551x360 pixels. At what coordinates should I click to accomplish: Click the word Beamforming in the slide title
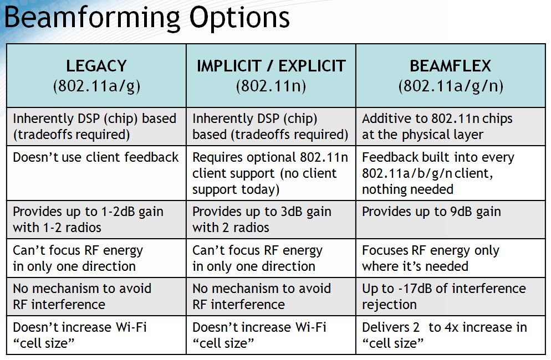pyautogui.click(x=91, y=18)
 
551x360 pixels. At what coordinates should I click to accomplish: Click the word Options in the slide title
pyautogui.click(x=239, y=18)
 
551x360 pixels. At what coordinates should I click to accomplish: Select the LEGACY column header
pyautogui.click(x=96, y=66)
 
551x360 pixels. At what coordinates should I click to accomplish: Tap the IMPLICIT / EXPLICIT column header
pyautogui.click(x=271, y=66)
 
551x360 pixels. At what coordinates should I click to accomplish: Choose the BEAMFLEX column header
pyautogui.click(x=450, y=66)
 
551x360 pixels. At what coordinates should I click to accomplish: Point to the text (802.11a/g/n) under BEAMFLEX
pyautogui.click(x=450, y=86)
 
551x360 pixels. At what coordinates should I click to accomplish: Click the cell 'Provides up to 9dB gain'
pyautogui.click(x=431, y=212)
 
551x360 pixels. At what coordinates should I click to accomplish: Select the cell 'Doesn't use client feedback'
pyautogui.click(x=96, y=157)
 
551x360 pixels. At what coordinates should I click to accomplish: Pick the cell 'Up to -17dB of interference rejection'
pyautogui.click(x=443, y=296)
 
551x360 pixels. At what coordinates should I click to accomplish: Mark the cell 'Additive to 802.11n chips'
pyautogui.click(x=437, y=126)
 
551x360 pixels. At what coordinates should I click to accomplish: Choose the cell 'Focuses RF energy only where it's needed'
pyautogui.click(x=430, y=258)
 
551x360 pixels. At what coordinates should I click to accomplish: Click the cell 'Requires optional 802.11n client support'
pyautogui.click(x=270, y=173)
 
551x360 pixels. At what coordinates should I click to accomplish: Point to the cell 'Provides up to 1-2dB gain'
pyautogui.click(x=88, y=219)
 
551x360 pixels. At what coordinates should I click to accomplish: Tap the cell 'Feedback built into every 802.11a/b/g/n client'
pyautogui.click(x=438, y=173)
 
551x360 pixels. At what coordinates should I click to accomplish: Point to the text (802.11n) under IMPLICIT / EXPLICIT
pyautogui.click(x=271, y=86)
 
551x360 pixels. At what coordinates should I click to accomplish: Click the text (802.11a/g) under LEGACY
pyautogui.click(x=96, y=86)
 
